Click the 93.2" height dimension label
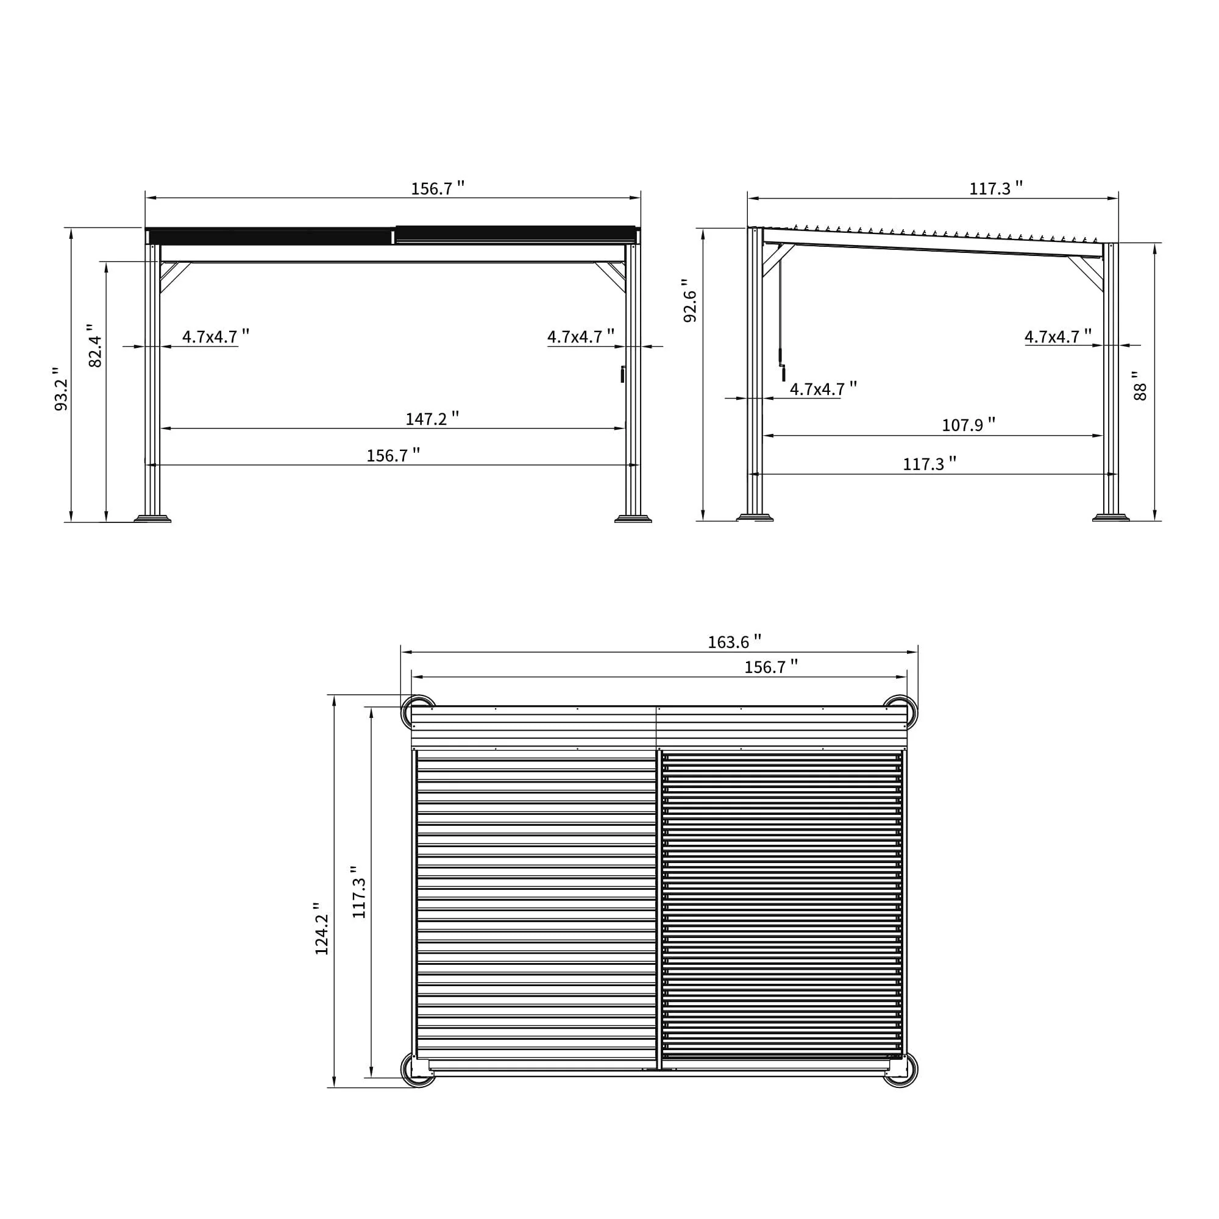pyautogui.click(x=61, y=389)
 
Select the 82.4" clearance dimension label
pyautogui.click(x=94, y=346)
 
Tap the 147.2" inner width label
pyautogui.click(x=432, y=419)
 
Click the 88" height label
pyautogui.click(x=1140, y=385)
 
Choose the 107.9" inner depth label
pyautogui.click(x=968, y=425)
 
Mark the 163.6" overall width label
pyautogui.click(x=734, y=642)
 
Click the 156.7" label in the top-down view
pyautogui.click(x=770, y=667)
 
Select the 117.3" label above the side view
pyautogui.click(x=996, y=188)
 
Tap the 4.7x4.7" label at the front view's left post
pyautogui.click(x=215, y=336)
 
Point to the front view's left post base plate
pyautogui.click(x=152, y=519)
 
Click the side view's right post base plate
pyautogui.click(x=1111, y=518)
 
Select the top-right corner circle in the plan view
pyautogui.click(x=900, y=713)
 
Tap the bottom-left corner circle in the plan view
pyautogui.click(x=418, y=1070)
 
